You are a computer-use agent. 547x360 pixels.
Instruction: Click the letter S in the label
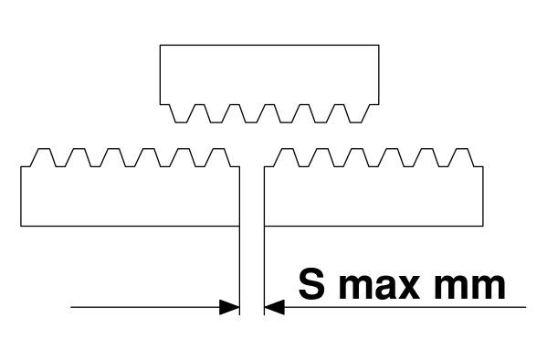[x=311, y=283]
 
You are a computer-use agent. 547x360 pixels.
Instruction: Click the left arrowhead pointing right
[x=229, y=307]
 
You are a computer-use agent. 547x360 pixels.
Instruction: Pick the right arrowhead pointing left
[x=275, y=307]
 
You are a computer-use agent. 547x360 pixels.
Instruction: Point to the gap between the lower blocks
[x=252, y=196]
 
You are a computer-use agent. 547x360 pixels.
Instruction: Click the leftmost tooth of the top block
[x=181, y=113]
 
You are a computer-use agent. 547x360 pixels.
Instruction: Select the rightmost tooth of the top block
[x=356, y=113]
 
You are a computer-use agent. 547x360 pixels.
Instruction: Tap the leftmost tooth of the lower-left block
[x=43, y=157]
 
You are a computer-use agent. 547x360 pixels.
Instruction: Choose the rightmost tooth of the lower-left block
[x=218, y=157]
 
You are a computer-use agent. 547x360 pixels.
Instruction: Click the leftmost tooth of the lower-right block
[x=287, y=157]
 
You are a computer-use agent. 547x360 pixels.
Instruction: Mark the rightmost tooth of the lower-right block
[x=461, y=157]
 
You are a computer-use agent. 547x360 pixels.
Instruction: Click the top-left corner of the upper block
[x=160, y=45]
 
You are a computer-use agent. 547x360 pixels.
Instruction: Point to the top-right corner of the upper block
[x=379, y=45]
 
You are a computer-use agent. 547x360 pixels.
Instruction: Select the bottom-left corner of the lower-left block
[x=21, y=226]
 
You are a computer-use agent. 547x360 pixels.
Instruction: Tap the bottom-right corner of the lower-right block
[x=483, y=226]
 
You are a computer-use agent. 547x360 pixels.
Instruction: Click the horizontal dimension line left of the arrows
[x=145, y=307]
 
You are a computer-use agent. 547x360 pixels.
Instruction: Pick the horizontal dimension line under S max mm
[x=405, y=307]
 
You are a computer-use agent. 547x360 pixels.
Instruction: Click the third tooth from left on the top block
[x=251, y=113]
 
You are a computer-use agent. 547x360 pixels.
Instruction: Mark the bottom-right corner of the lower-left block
[x=239, y=226]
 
